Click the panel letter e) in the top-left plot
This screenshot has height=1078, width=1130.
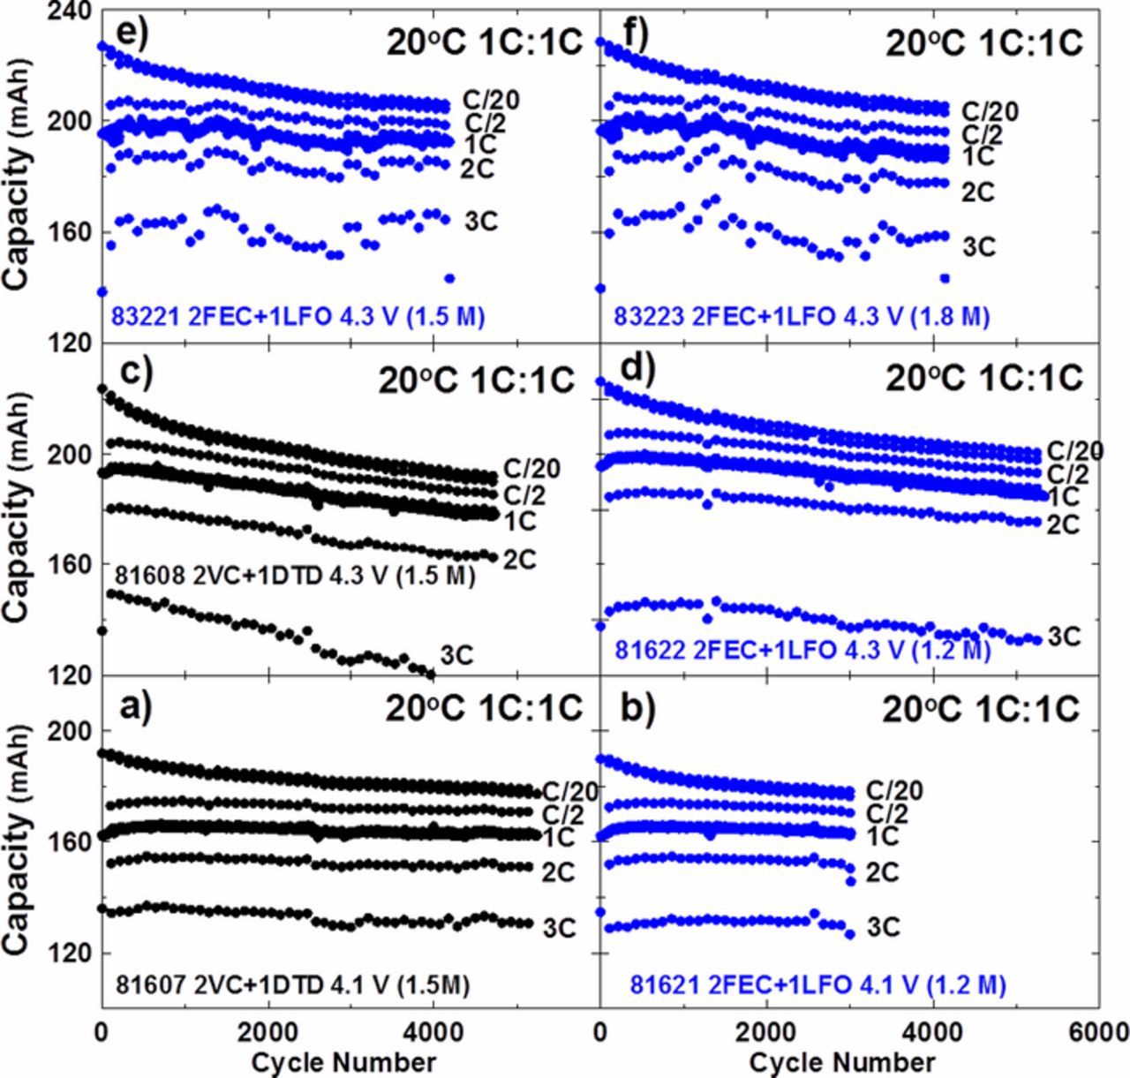point(123,36)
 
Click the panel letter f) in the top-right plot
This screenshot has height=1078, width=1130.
point(633,36)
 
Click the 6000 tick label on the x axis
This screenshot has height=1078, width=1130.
point(1097,1030)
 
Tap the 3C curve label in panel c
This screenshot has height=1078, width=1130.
point(456,655)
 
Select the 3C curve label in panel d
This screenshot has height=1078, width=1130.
point(1065,636)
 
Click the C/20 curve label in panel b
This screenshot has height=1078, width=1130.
point(895,790)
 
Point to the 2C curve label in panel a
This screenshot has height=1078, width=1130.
point(559,872)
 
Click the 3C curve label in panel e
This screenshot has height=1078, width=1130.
point(481,221)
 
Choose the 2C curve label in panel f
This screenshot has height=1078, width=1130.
point(978,192)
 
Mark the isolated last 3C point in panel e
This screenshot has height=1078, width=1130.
point(449,278)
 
